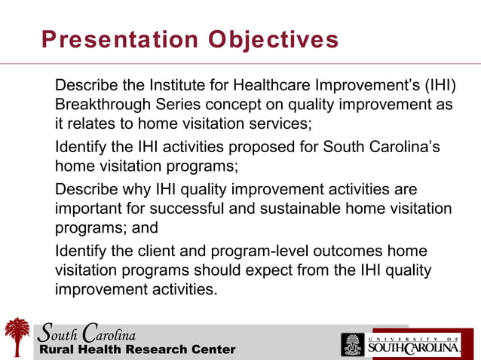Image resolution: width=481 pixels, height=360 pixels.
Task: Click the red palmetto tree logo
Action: [x=17, y=336]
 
